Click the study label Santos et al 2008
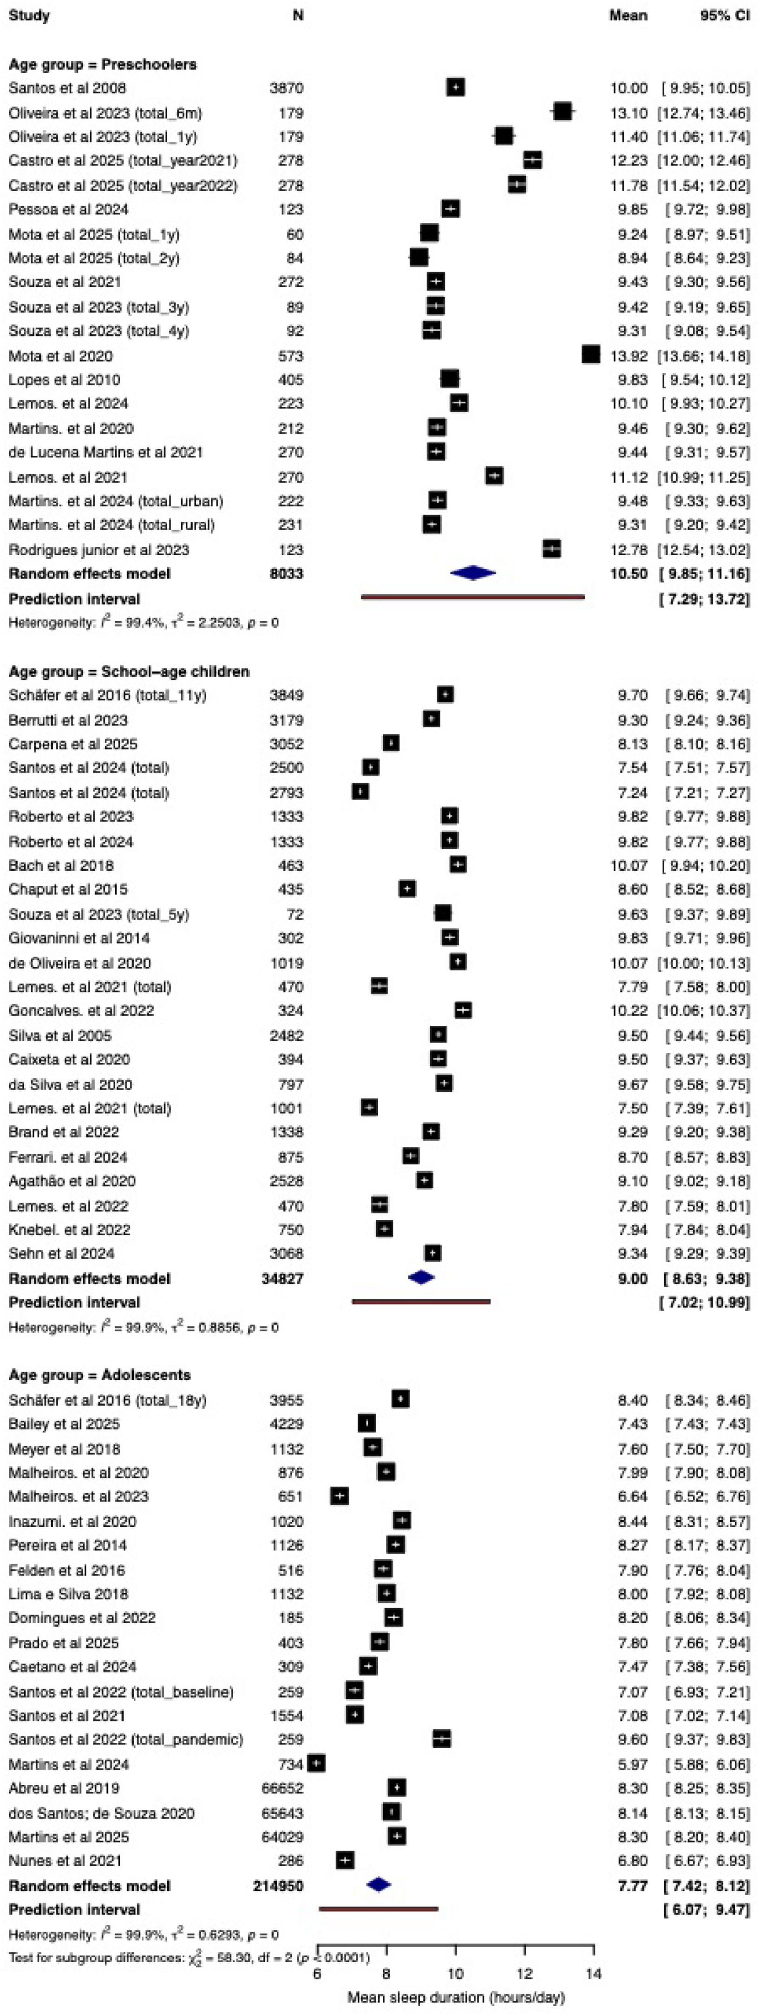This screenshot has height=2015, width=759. [67, 88]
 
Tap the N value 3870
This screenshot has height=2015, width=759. [286, 88]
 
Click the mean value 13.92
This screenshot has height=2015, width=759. [628, 356]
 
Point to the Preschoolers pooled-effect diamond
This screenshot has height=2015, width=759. [473, 573]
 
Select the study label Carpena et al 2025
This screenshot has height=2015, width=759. [73, 744]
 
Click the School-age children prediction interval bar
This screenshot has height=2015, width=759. [421, 1302]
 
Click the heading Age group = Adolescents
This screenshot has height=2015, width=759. [99, 1375]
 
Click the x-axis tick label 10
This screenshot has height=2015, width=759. [455, 1974]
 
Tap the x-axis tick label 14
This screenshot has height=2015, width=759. [593, 1974]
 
